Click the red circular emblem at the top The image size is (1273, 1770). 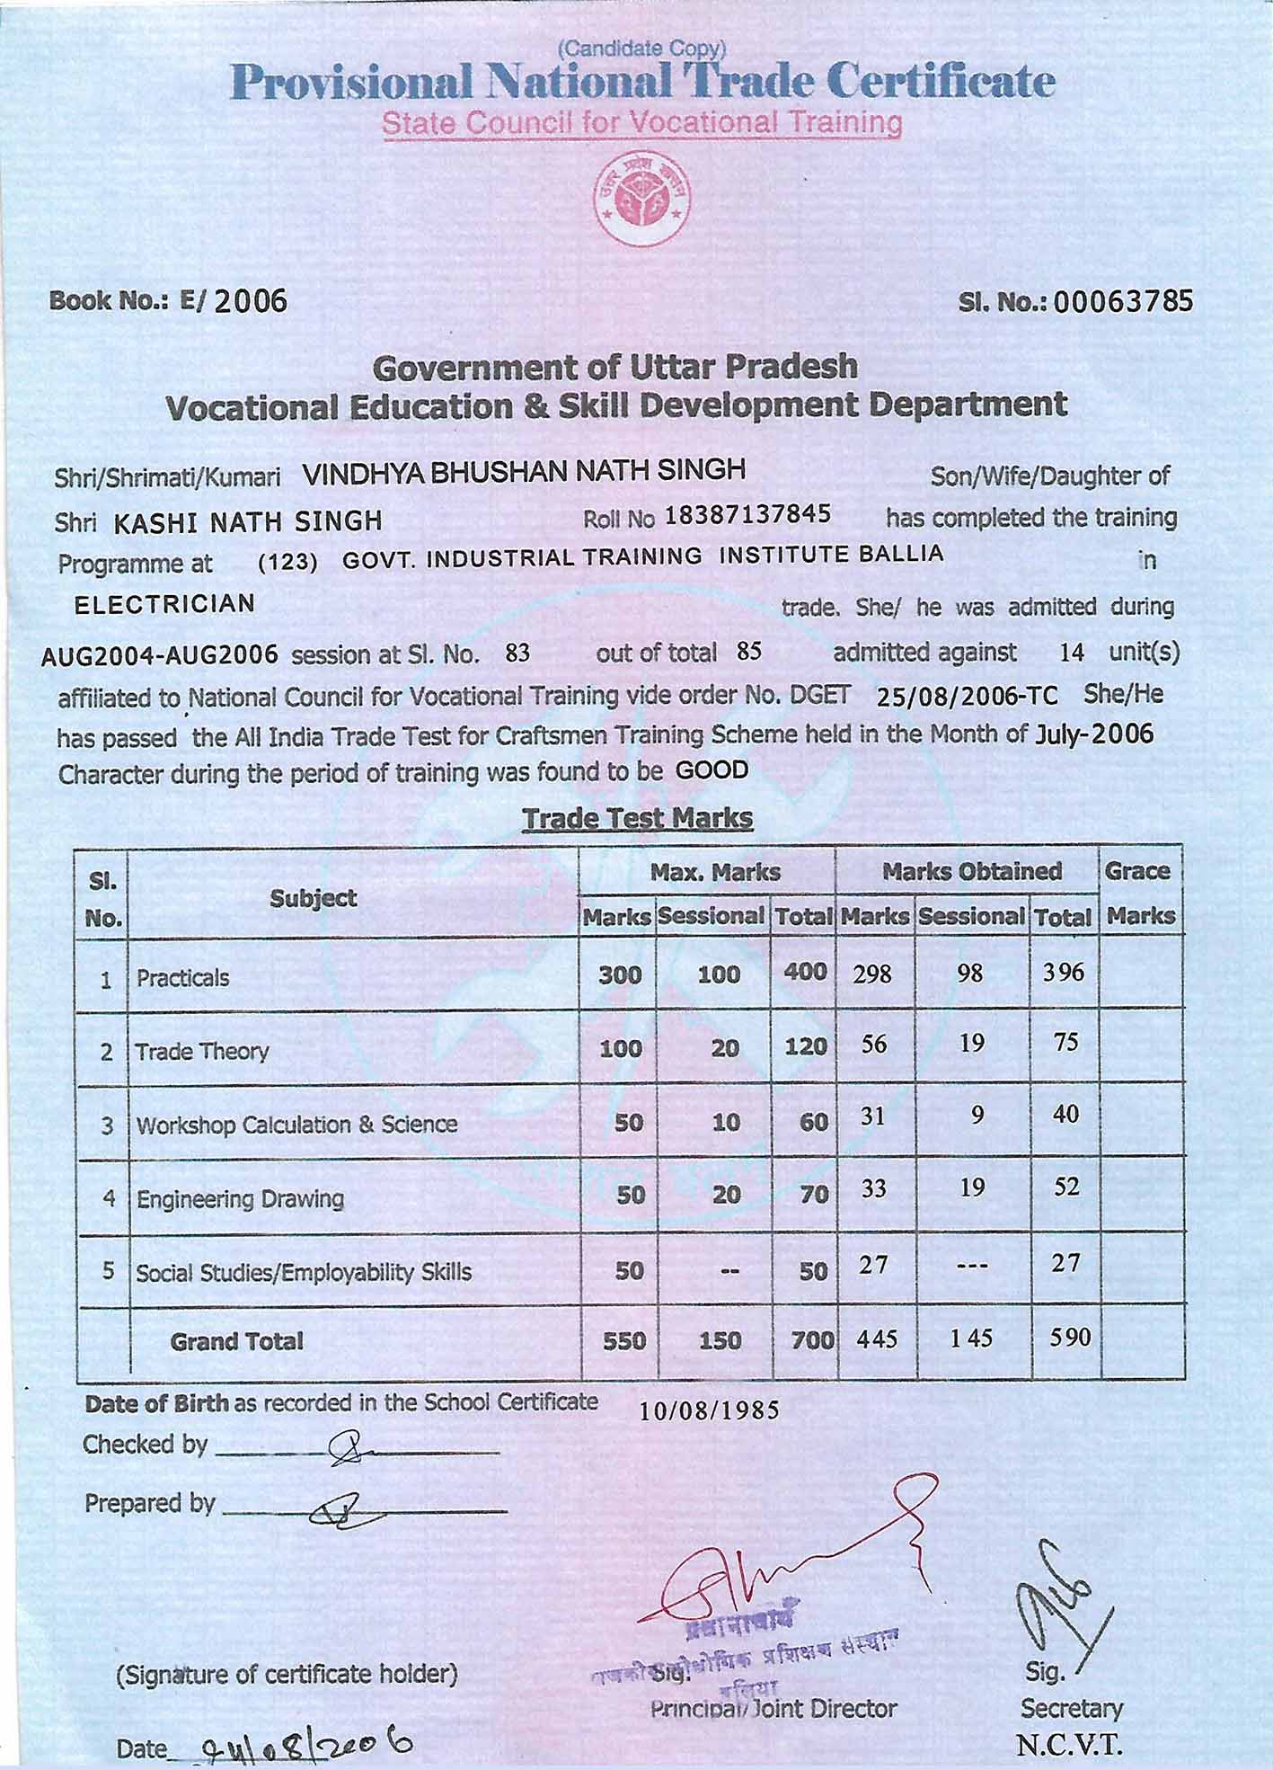pyautogui.click(x=643, y=199)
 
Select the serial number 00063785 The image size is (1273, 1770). pyautogui.click(x=1123, y=301)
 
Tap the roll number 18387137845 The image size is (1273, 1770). pyautogui.click(x=747, y=515)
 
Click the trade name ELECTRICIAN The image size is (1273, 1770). pyautogui.click(x=165, y=603)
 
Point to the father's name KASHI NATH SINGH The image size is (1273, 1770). pyautogui.click(x=248, y=521)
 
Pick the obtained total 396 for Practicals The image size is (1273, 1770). pyautogui.click(x=1064, y=973)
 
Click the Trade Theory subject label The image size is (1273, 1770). pyautogui.click(x=202, y=1051)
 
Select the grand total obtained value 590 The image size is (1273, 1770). pyautogui.click(x=1070, y=1338)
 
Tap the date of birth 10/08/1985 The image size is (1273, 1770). pyautogui.click(x=709, y=1410)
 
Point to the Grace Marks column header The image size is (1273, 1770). pyautogui.click(x=1140, y=894)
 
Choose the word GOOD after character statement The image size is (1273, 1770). pyautogui.click(x=712, y=770)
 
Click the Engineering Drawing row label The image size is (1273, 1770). pyautogui.click(x=240, y=1198)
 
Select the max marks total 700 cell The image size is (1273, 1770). pyautogui.click(x=812, y=1341)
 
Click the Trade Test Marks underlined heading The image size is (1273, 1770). pyautogui.click(x=637, y=818)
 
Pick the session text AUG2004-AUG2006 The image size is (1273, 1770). pyautogui.click(x=160, y=654)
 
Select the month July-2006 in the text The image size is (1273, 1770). pyautogui.click(x=1093, y=734)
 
